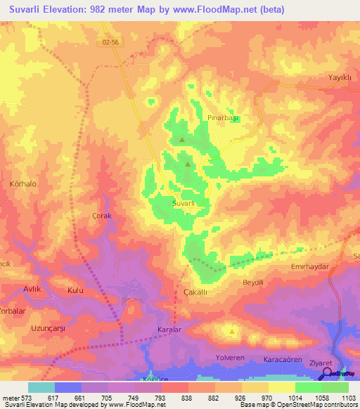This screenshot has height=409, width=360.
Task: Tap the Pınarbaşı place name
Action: point(225,118)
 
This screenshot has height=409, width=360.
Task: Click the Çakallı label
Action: point(195,292)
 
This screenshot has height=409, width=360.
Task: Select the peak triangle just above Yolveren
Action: point(231,330)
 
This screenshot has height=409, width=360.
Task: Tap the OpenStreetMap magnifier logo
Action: point(327,374)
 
